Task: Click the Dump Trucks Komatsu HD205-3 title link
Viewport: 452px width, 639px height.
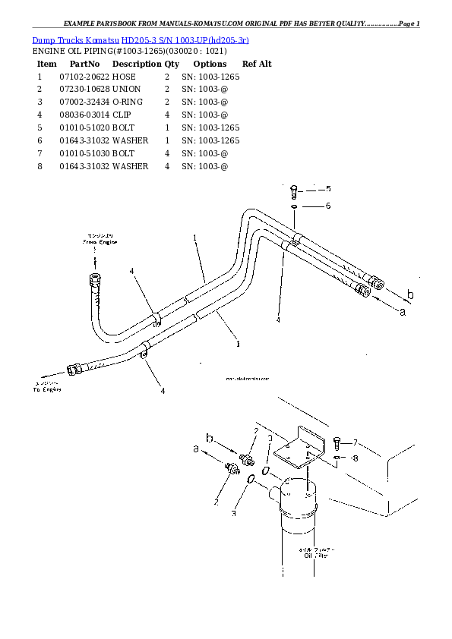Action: pos(141,39)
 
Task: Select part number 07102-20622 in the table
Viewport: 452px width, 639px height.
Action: pos(84,77)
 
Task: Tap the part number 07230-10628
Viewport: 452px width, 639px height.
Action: pos(84,90)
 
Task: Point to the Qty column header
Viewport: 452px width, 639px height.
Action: pos(172,65)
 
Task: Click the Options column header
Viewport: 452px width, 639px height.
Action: pos(210,65)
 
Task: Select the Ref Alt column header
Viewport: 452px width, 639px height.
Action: pos(257,65)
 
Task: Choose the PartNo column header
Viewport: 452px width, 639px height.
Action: pos(84,65)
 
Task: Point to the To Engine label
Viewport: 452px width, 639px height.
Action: pos(46,389)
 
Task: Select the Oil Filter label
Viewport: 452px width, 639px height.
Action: pos(315,555)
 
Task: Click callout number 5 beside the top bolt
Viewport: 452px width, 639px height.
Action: pos(328,189)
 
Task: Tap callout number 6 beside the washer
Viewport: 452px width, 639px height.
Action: pos(328,206)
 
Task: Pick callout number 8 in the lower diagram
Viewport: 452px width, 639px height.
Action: pos(354,458)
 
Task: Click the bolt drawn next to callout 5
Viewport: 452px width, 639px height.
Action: pos(295,190)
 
